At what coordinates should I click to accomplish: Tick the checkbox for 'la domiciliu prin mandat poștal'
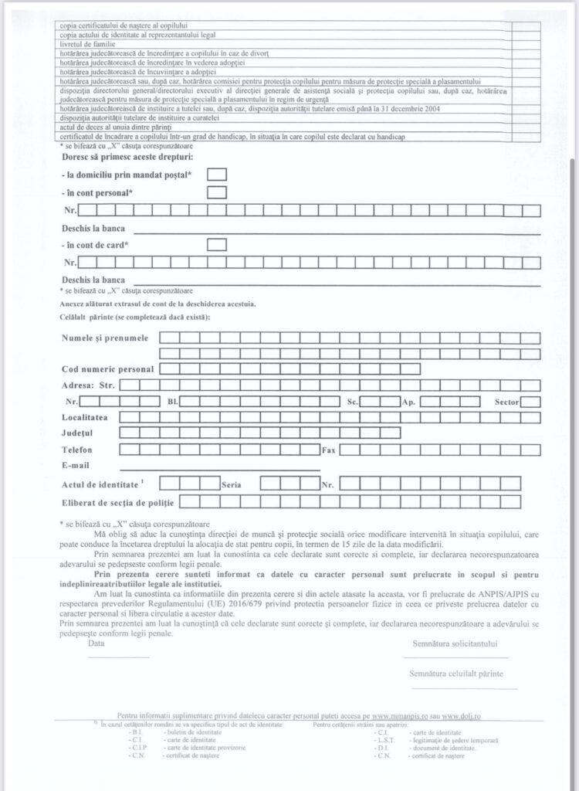(x=217, y=175)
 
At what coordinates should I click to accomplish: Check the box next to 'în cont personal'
(x=217, y=192)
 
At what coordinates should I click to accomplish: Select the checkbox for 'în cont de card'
(x=217, y=245)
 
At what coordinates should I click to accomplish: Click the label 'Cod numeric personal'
(x=108, y=369)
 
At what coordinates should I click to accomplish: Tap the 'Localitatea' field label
(x=85, y=417)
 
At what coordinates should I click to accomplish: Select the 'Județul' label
(x=77, y=433)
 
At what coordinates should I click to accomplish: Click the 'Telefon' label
(x=77, y=450)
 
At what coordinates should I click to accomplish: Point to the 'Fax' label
(x=329, y=450)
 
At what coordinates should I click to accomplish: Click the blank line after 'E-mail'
(x=220, y=468)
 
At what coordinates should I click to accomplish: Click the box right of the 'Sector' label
(x=530, y=402)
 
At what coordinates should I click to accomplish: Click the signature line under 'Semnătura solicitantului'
(x=455, y=657)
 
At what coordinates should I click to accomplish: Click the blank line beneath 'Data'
(x=107, y=657)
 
